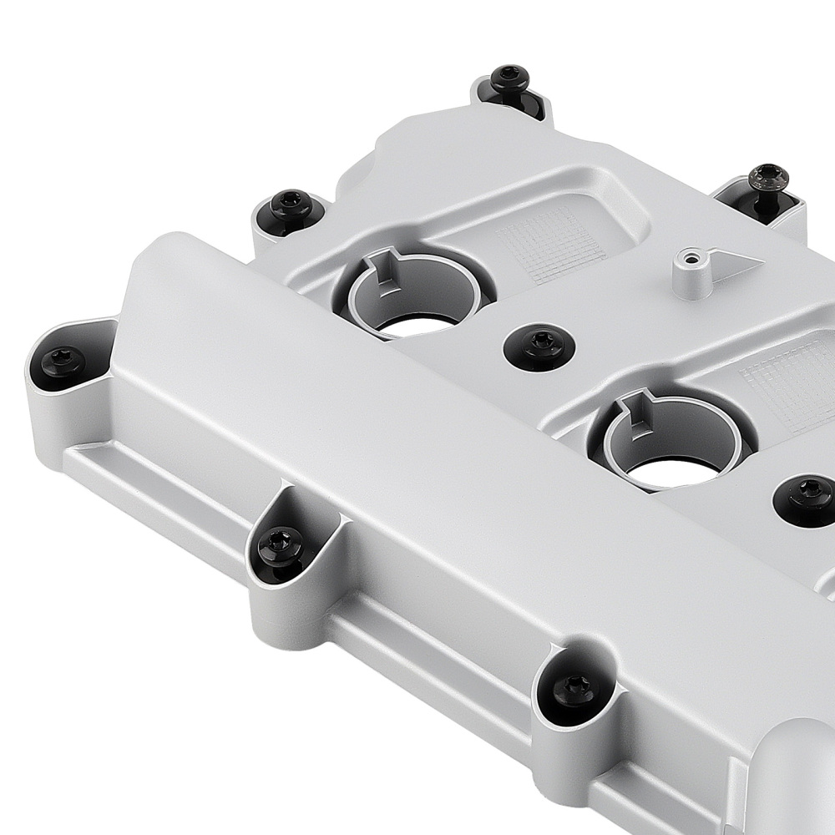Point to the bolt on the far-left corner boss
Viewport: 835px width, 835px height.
click(x=62, y=362)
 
